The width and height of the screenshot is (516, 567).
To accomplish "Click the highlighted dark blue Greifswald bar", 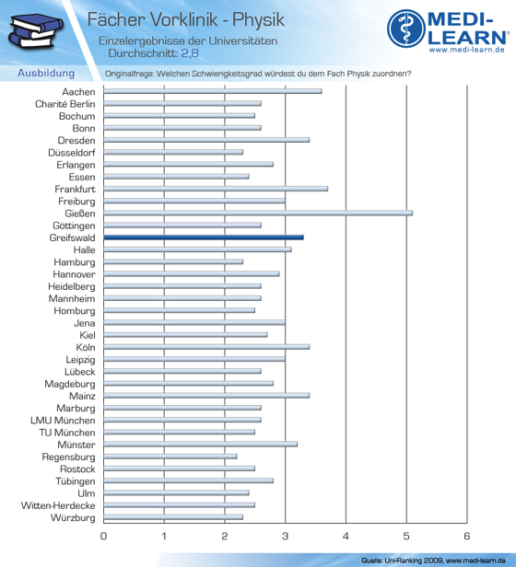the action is [204, 237].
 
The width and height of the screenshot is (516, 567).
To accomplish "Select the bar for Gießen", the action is [258, 213].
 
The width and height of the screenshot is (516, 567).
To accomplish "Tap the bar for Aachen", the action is [213, 91].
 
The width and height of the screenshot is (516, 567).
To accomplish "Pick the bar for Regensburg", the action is [170, 457].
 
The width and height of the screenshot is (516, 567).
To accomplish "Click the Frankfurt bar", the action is [216, 189].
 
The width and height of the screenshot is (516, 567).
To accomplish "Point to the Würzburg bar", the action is [173, 517].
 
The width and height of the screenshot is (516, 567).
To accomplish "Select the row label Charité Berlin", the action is [65, 104].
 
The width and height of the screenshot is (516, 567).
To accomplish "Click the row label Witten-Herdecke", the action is [58, 505].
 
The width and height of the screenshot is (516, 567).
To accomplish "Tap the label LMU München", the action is [63, 420].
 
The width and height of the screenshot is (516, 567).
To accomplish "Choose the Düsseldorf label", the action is [72, 153].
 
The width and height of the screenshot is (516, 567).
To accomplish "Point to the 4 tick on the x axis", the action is [346, 536].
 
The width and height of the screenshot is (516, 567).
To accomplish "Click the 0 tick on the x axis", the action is [103, 536].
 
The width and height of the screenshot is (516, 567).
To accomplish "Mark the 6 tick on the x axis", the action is [467, 536].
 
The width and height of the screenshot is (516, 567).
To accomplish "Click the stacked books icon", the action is [35, 31].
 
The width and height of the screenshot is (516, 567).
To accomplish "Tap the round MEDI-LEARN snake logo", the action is [406, 29].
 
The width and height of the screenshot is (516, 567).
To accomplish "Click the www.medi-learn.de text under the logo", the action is [467, 50].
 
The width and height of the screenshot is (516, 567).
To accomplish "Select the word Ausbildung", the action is [46, 73].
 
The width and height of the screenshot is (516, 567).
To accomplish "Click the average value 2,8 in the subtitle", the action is [190, 53].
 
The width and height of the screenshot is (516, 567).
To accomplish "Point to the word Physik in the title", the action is [258, 20].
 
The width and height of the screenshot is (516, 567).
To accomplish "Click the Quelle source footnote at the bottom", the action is [433, 561].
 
